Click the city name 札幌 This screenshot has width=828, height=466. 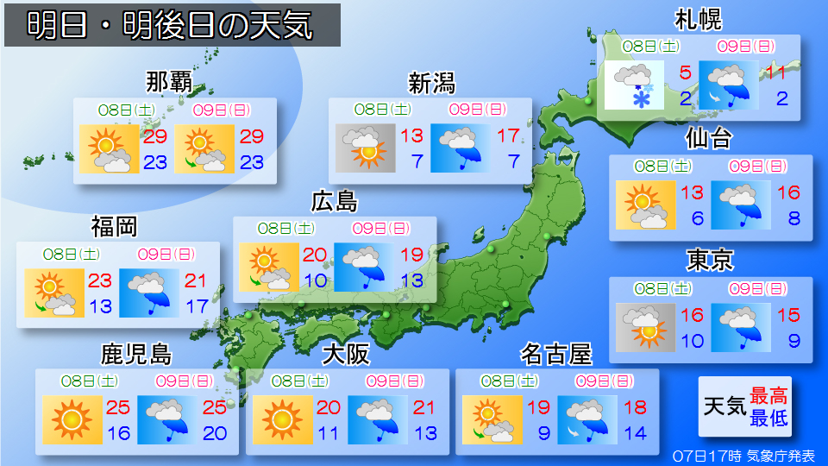tap(698, 19)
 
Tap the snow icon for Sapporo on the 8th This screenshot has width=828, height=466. tap(634, 85)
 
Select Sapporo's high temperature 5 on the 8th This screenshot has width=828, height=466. tap(686, 72)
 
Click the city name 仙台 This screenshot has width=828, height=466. tap(709, 138)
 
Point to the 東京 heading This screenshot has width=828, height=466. tap(710, 260)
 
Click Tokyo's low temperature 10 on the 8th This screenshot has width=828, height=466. tap(692, 341)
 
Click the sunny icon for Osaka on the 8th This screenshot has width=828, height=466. tap(280, 419)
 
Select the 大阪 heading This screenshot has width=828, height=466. tap(346, 354)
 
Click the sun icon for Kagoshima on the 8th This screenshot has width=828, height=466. tap(71, 419)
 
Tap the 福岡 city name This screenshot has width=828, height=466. tap(115, 227)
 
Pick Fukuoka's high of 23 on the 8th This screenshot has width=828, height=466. tap(101, 280)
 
